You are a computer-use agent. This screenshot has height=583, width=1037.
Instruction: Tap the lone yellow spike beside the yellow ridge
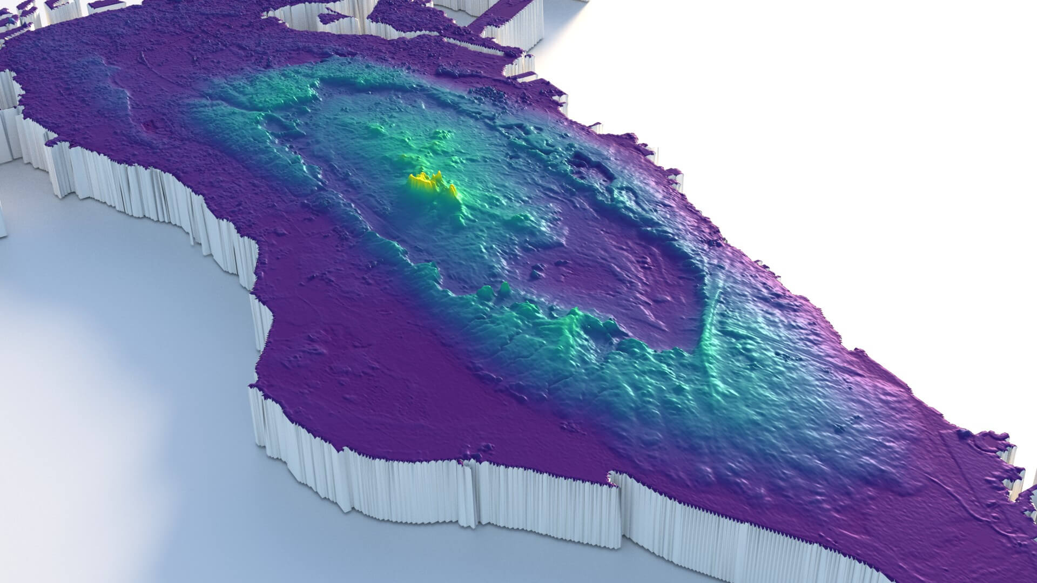coord(453,190)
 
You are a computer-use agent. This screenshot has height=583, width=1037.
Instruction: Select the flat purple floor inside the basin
coord(621,270)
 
